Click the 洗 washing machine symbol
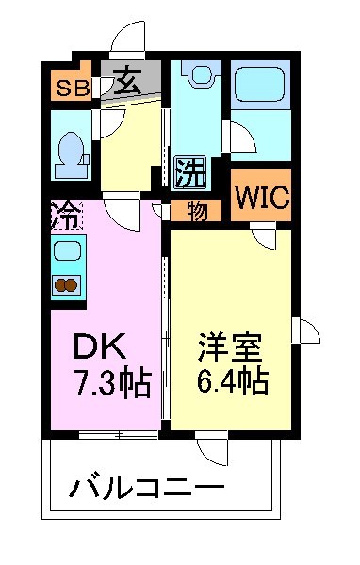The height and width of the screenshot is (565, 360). pyautogui.click(x=190, y=171)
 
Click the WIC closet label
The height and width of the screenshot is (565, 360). pyautogui.click(x=262, y=199)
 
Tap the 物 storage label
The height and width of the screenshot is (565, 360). pyautogui.click(x=196, y=211)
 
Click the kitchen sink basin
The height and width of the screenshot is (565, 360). pyautogui.click(x=66, y=251)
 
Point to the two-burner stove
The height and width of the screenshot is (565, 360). pyautogui.click(x=66, y=286)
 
